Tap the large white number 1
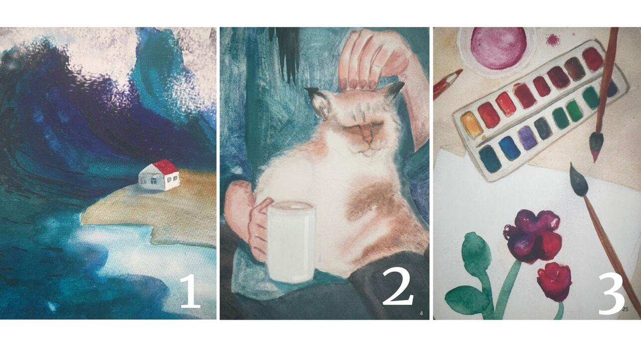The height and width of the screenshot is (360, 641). [190, 291]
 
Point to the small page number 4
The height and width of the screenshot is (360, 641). [421, 313]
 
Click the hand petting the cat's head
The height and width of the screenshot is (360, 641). [372, 59]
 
